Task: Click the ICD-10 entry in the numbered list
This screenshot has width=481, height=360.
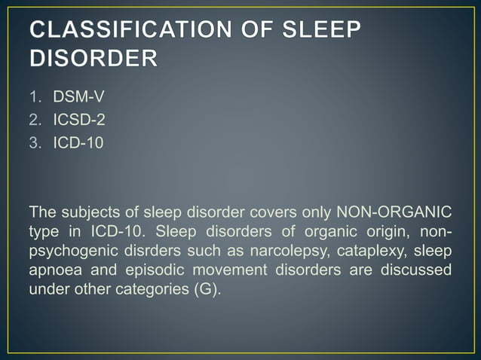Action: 78,142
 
